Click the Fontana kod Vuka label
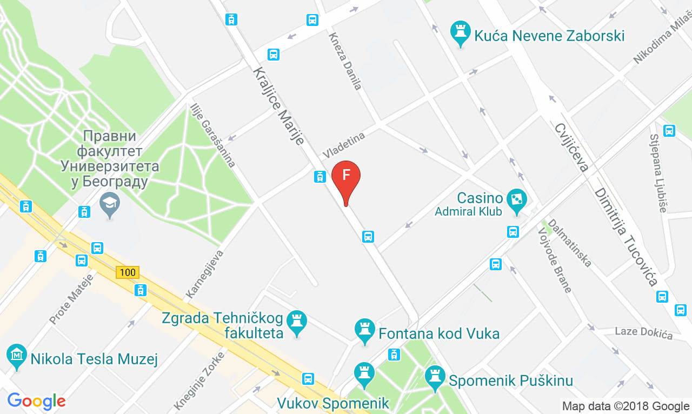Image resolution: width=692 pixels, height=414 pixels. tap(438, 333)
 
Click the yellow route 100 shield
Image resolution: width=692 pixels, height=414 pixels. tap(128, 272)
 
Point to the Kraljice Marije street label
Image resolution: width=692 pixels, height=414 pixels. tap(279, 106)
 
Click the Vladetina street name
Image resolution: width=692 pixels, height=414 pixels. tap(344, 145)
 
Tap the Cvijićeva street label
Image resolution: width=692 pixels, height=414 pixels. tap(571, 146)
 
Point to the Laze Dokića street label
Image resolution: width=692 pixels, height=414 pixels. tap(644, 332)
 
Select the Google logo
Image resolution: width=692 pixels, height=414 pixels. tap(36, 401)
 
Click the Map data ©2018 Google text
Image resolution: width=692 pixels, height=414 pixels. tap(626, 406)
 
